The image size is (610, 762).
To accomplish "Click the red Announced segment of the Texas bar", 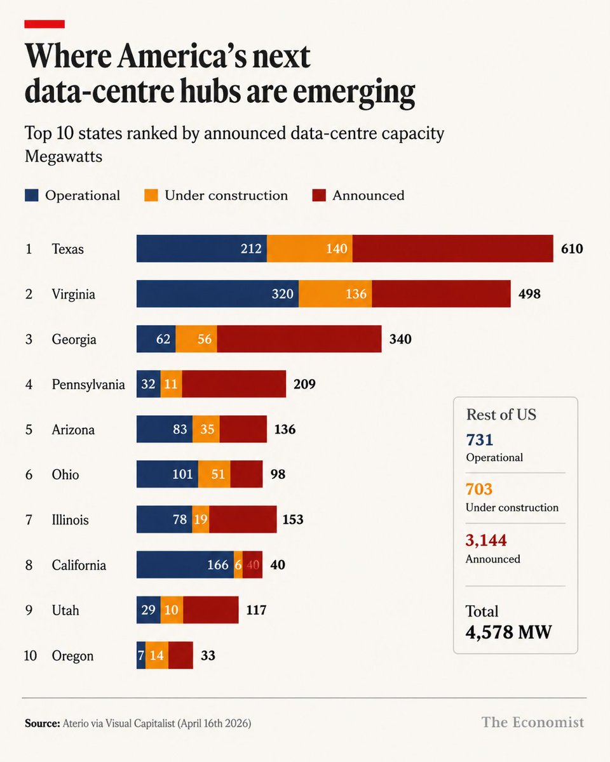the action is click(x=452, y=248).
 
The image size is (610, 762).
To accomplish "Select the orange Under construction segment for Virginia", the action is click(x=335, y=294).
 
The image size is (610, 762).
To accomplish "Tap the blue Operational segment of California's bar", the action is click(x=185, y=565).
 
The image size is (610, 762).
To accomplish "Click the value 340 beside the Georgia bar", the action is click(x=400, y=339).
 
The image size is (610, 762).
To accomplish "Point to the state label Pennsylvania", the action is click(x=88, y=385).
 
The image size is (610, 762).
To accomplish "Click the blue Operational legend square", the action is click(x=31, y=196).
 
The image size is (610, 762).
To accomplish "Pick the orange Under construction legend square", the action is click(x=151, y=196).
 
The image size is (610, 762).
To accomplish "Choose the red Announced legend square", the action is click(x=319, y=196).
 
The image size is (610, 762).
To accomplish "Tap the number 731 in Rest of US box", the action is click(x=480, y=440).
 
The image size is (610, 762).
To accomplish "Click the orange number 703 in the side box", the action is click(x=479, y=490).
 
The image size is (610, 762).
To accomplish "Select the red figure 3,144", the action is click(x=486, y=540).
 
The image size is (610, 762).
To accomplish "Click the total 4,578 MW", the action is click(x=508, y=632).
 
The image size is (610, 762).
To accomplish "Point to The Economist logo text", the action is click(x=532, y=723).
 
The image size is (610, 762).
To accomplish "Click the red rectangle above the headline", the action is click(x=44, y=24).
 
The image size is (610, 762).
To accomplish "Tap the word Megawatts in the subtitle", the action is click(x=64, y=156).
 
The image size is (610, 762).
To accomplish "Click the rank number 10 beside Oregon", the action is click(x=30, y=656).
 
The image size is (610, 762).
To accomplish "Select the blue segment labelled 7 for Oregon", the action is click(x=141, y=655).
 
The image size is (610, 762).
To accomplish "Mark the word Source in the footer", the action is click(x=43, y=723).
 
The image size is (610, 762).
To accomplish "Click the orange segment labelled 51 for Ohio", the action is click(x=214, y=474).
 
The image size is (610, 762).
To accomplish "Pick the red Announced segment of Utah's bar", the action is click(x=211, y=610).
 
